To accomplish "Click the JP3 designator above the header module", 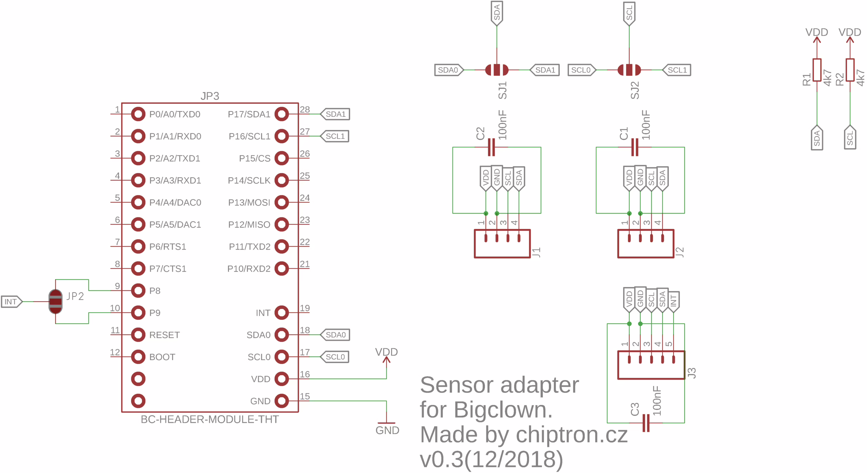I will (x=210, y=96).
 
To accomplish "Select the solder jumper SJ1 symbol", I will (x=496, y=70).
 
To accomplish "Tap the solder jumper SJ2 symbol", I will (x=629, y=70).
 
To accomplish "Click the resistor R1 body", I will (x=817, y=70).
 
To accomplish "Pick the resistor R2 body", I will (x=850, y=70).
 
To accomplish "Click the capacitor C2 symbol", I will (x=491, y=147).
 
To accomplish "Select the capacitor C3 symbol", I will (x=646, y=423).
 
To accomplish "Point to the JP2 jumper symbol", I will (x=56, y=302).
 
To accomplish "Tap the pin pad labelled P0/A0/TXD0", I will (x=138, y=114).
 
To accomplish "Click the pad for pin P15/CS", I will (x=281, y=158).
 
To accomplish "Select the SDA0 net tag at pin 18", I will (x=335, y=335).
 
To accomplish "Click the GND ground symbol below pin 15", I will (x=386, y=424).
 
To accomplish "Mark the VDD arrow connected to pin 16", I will (x=386, y=360).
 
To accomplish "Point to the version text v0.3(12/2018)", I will (x=491, y=459).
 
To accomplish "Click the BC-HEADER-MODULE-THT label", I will (x=210, y=419).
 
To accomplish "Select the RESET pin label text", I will (x=165, y=335).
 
